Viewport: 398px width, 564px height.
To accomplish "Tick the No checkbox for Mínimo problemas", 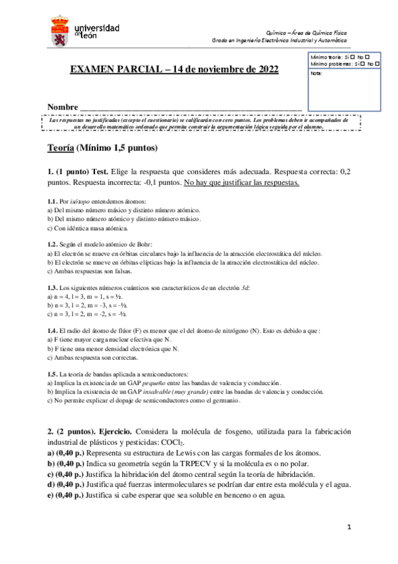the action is pyautogui.click(x=377, y=64).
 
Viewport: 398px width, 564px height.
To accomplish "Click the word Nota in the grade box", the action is pyautogui.click(x=316, y=73).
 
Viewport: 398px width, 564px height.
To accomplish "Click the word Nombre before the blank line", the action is pyautogui.click(x=62, y=108).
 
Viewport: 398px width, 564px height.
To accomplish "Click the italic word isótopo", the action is pyautogui.click(x=80, y=202).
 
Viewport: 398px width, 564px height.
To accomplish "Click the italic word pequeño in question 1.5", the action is pyautogui.click(x=158, y=383).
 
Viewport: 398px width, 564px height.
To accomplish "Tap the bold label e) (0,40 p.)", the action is pyautogui.click(x=68, y=494).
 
